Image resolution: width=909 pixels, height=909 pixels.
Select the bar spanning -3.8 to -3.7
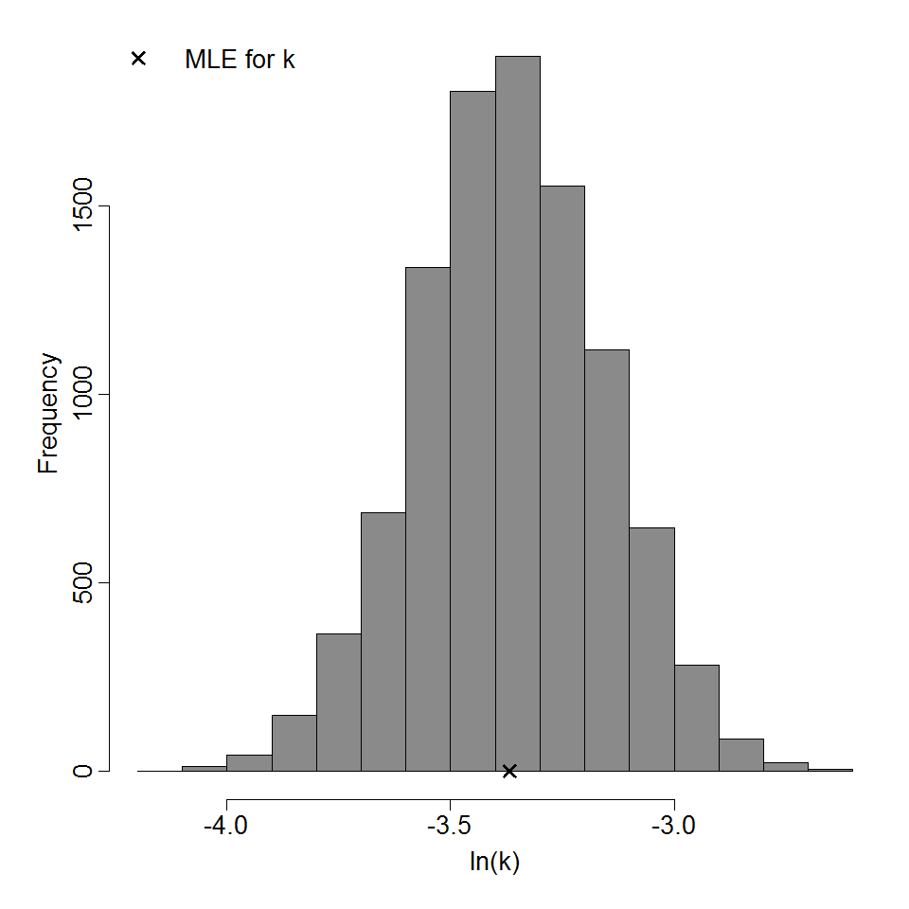pos(338,702)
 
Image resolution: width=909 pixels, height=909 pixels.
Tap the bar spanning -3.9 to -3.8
pos(294,742)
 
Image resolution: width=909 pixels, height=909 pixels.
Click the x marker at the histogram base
pos(509,771)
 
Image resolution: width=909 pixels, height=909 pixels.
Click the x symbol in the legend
pos(138,59)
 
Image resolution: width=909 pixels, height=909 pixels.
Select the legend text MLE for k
pos(240,60)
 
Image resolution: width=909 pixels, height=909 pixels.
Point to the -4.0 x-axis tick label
pos(226,825)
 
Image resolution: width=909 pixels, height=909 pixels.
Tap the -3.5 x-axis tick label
pos(450,825)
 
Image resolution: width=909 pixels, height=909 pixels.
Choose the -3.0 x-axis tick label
pos(673,825)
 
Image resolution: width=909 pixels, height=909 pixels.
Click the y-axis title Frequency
pos(49,413)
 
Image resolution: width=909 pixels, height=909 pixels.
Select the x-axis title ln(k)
pos(494,863)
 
